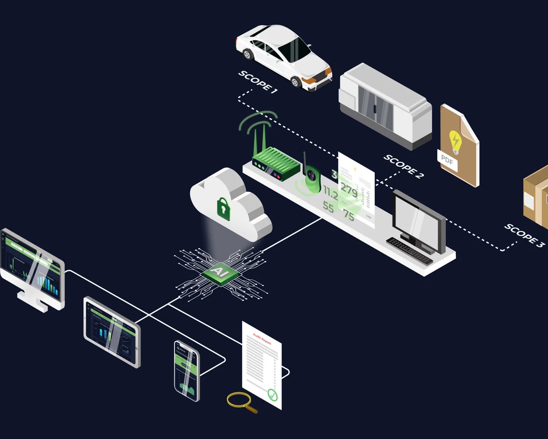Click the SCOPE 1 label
[258, 82]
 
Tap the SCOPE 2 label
[403, 166]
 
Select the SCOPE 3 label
[524, 235]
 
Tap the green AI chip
[220, 272]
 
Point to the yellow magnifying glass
[239, 400]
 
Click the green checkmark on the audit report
[272, 394]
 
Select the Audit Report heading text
[262, 339]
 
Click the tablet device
[112, 332]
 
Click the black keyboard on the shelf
[410, 251]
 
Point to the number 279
[349, 190]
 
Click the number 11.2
[331, 193]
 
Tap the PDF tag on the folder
[447, 160]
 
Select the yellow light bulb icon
[455, 141]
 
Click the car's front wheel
[296, 82]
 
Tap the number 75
[348, 215]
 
